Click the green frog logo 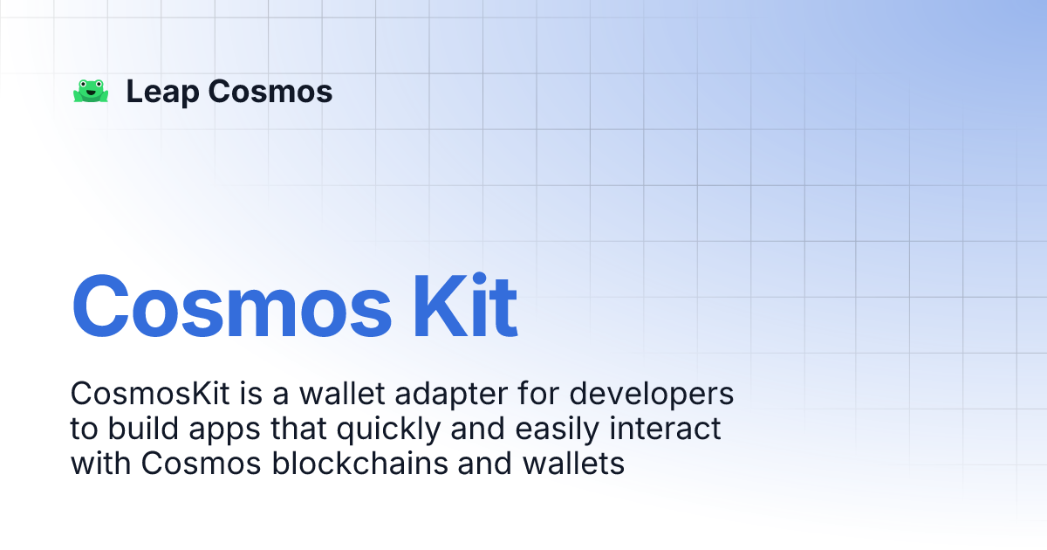[x=91, y=92]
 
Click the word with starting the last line [x=101, y=464]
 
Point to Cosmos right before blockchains [x=202, y=464]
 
